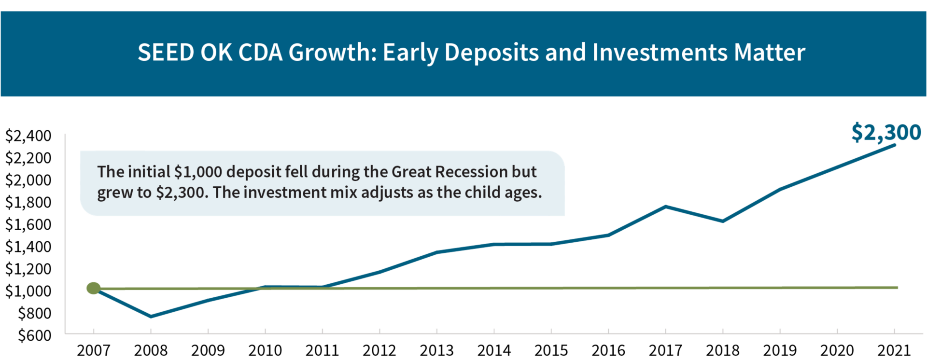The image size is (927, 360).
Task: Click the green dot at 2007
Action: [93, 288]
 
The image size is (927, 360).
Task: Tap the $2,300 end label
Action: [886, 132]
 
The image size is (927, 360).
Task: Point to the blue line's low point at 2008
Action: [151, 317]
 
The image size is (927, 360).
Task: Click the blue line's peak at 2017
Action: [666, 207]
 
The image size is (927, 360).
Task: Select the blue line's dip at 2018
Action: [723, 221]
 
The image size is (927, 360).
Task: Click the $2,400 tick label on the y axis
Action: [28, 136]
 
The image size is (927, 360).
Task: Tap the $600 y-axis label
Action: [34, 335]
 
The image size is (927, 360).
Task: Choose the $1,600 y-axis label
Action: [28, 224]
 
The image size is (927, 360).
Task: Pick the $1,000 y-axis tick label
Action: [28, 291]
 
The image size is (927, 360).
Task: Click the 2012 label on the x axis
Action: [379, 350]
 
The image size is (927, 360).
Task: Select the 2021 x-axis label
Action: [894, 350]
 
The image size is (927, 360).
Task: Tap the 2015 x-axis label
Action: [551, 350]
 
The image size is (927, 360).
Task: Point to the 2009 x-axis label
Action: [208, 350]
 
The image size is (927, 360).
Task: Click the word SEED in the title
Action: [166, 52]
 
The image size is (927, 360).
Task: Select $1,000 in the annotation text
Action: [198, 172]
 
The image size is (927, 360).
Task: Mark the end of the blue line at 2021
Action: [895, 145]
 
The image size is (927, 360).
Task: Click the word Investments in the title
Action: [660, 52]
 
